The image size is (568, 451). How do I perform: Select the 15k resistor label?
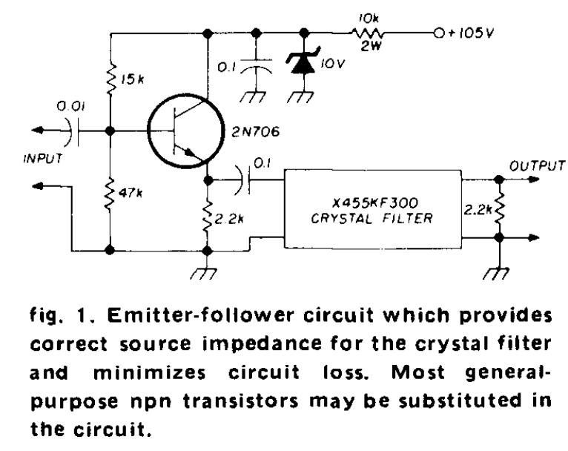coord(133,79)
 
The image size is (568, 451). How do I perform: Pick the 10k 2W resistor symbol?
coord(369,34)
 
